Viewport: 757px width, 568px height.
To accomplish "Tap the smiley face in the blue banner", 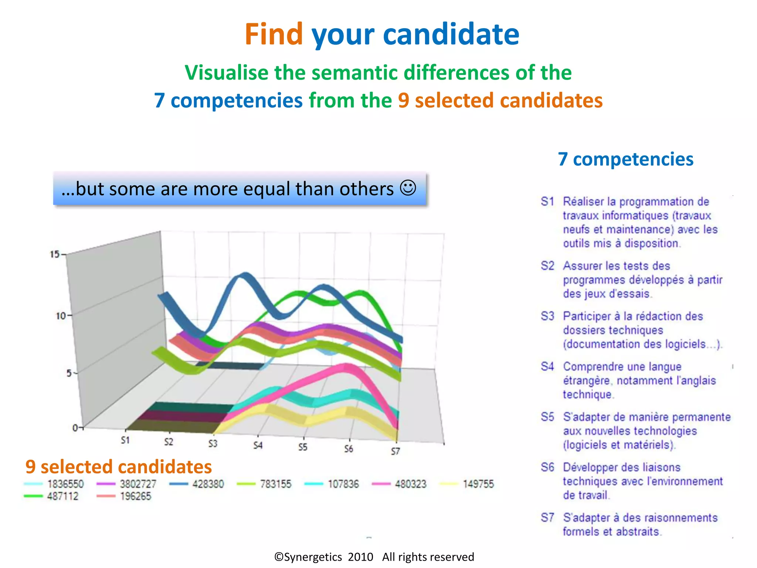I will (x=408, y=188).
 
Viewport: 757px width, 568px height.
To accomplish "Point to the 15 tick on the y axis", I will (x=55, y=254).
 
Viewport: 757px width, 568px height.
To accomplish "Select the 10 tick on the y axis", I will (x=61, y=316).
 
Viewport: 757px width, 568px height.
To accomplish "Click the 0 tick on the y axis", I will (x=75, y=428).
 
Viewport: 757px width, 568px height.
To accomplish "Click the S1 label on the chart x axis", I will (x=125, y=440).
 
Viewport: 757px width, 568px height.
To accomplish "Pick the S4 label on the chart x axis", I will (x=258, y=445).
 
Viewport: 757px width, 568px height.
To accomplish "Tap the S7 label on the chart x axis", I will (x=396, y=451).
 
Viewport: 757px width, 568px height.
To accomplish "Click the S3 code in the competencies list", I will (x=547, y=316).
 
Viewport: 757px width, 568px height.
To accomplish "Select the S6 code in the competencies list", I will (x=547, y=467).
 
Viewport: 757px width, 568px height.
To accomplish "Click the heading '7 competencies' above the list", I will (x=625, y=159).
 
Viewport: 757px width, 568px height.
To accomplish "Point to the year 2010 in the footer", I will (x=360, y=557).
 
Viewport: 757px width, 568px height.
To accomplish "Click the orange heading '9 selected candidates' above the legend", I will (x=119, y=467).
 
